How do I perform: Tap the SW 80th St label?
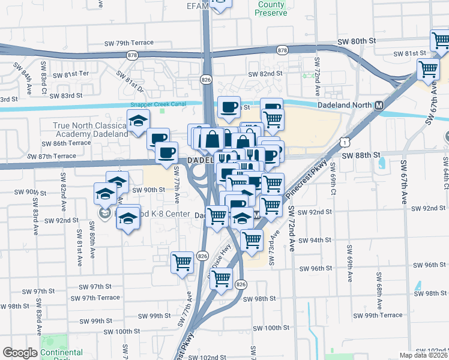coord(356,40)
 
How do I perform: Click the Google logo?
coord(20,353)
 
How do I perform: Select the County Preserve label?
coord(272,8)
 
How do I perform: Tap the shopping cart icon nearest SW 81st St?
coord(428,69)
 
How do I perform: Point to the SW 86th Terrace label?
coord(67,143)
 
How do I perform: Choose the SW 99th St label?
coord(148,316)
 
